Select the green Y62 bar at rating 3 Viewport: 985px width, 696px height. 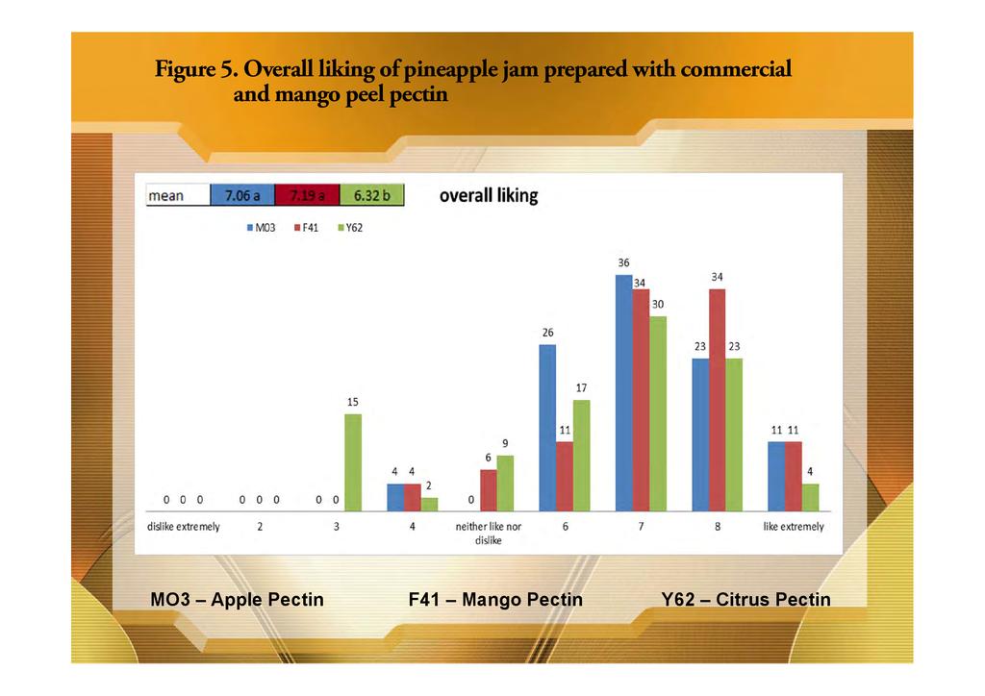[x=353, y=462]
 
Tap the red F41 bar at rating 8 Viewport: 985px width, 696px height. [x=717, y=400]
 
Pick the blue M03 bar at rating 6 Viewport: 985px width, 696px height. [x=547, y=428]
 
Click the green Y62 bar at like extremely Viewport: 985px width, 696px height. [x=810, y=497]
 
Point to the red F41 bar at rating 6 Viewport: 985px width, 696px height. [x=564, y=476]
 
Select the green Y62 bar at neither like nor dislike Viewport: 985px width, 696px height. [x=505, y=483]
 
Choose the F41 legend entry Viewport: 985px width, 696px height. [x=304, y=228]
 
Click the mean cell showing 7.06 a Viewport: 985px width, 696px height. [x=242, y=195]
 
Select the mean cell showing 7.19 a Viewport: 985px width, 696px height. [x=307, y=195]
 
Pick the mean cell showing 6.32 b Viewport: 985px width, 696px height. [x=371, y=195]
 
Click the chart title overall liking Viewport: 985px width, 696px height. [x=489, y=195]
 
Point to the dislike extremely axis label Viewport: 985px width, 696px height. [x=183, y=527]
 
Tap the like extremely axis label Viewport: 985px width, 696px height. [x=794, y=527]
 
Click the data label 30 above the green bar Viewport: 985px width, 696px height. [x=658, y=304]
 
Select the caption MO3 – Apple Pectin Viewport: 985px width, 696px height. [x=237, y=600]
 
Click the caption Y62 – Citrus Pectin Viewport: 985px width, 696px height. [x=745, y=600]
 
